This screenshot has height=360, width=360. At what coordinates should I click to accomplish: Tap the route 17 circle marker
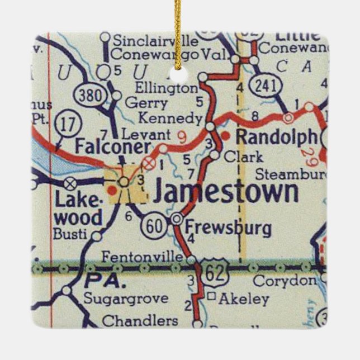(68, 125)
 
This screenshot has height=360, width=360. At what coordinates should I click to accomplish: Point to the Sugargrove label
(126, 298)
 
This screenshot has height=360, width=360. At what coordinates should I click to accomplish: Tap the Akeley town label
(242, 299)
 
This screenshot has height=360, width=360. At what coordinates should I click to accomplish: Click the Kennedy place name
(169, 118)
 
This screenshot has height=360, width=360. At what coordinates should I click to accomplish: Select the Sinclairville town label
(155, 41)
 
